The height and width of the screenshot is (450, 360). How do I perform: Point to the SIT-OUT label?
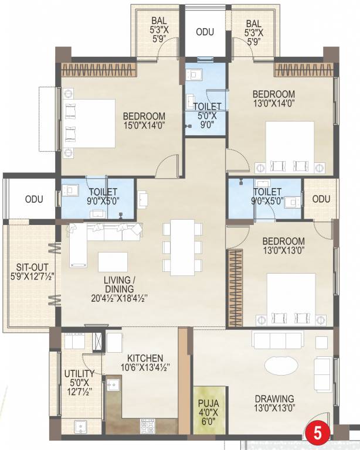29,267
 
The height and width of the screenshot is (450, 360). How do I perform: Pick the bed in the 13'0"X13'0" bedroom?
291,299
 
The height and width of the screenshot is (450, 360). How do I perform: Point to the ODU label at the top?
205,32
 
